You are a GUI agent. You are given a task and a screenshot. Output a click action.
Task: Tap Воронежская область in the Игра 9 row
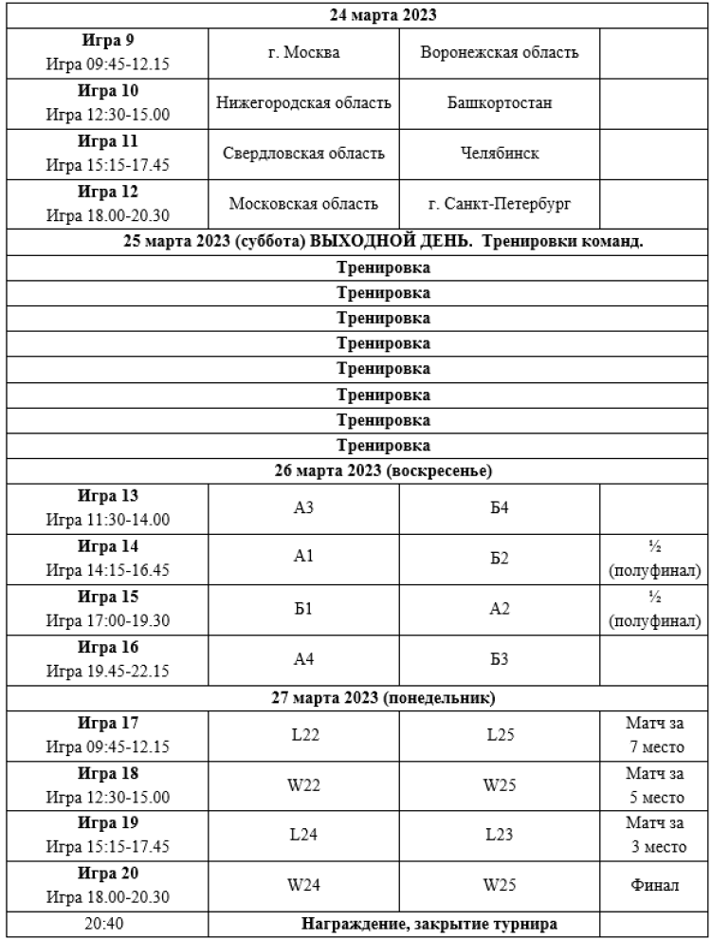click(x=500, y=51)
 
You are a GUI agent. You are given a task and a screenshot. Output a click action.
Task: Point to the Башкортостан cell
click(x=500, y=102)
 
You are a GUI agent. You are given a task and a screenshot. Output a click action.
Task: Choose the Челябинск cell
click(x=500, y=154)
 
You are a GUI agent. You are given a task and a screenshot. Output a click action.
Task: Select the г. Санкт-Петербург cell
click(x=500, y=204)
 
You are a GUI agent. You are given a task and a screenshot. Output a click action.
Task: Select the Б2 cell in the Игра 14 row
click(x=500, y=560)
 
